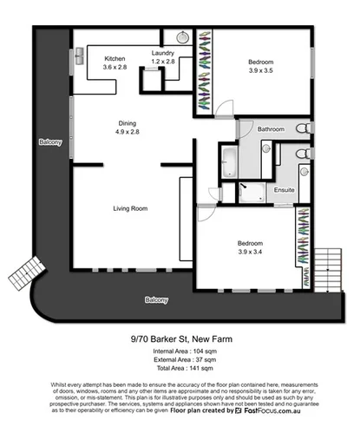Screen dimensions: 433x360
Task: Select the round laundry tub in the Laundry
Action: point(183,38)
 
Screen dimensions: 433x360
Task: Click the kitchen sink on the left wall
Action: point(79,56)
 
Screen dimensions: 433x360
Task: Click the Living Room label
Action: point(130,208)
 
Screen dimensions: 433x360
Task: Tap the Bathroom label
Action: point(270,128)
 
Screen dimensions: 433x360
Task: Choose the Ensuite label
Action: point(284,189)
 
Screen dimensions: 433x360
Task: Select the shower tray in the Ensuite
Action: point(254,191)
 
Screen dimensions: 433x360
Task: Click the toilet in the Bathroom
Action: point(302,128)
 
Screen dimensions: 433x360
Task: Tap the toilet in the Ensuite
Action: point(301,154)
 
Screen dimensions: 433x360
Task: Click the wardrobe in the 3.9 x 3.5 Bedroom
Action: point(205,69)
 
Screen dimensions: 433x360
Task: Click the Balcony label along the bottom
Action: point(156,300)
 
